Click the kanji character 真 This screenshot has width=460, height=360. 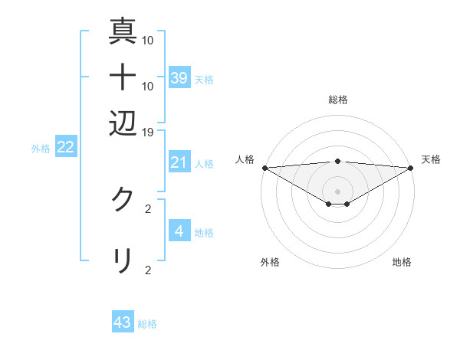point(123,31)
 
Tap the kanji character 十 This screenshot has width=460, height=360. point(123,77)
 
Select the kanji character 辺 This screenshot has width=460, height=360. point(123,122)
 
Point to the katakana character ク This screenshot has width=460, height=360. point(123,199)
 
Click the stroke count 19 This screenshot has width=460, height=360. point(148,132)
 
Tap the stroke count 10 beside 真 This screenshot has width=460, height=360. point(148,41)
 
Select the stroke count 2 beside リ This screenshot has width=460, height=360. point(148,270)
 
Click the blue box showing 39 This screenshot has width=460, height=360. point(179,77)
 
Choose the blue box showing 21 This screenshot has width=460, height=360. point(179,162)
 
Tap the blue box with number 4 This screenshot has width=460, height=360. point(179,231)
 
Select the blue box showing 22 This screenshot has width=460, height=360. point(65,148)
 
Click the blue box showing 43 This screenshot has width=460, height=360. point(123,322)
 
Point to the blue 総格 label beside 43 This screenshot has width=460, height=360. point(147,324)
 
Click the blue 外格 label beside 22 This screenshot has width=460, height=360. point(40,149)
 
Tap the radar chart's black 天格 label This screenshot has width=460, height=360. point(432,159)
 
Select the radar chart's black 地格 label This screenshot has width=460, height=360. point(402,262)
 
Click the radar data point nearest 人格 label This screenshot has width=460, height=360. point(264,167)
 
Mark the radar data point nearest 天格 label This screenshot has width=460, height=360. point(411,167)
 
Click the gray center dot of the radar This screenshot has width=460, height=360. point(337,191)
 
